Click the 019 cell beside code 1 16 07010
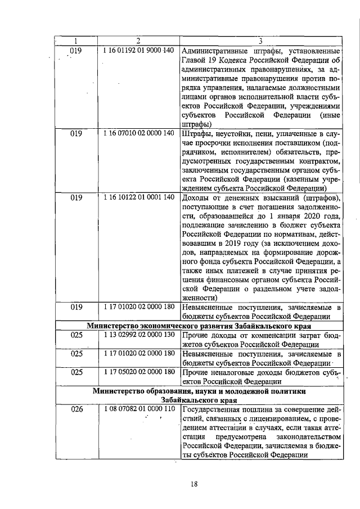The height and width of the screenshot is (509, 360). point(76,134)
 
